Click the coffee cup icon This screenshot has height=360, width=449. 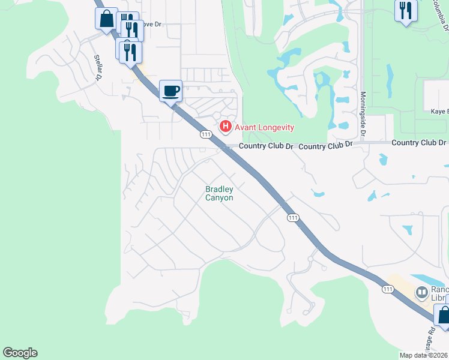pos(170,91)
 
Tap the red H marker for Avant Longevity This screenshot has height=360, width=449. pos(226,126)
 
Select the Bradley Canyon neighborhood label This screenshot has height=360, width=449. pos(219,193)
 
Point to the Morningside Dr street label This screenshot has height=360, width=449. pos(363,105)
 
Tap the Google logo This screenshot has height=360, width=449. pos(20,353)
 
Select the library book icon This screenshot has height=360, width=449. pos(422,293)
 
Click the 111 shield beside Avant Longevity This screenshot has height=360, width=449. pos(206,135)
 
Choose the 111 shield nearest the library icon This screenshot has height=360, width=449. pos(388,289)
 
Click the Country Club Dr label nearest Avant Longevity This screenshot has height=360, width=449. pos(266,146)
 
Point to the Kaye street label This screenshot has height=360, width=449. pos(439,111)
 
